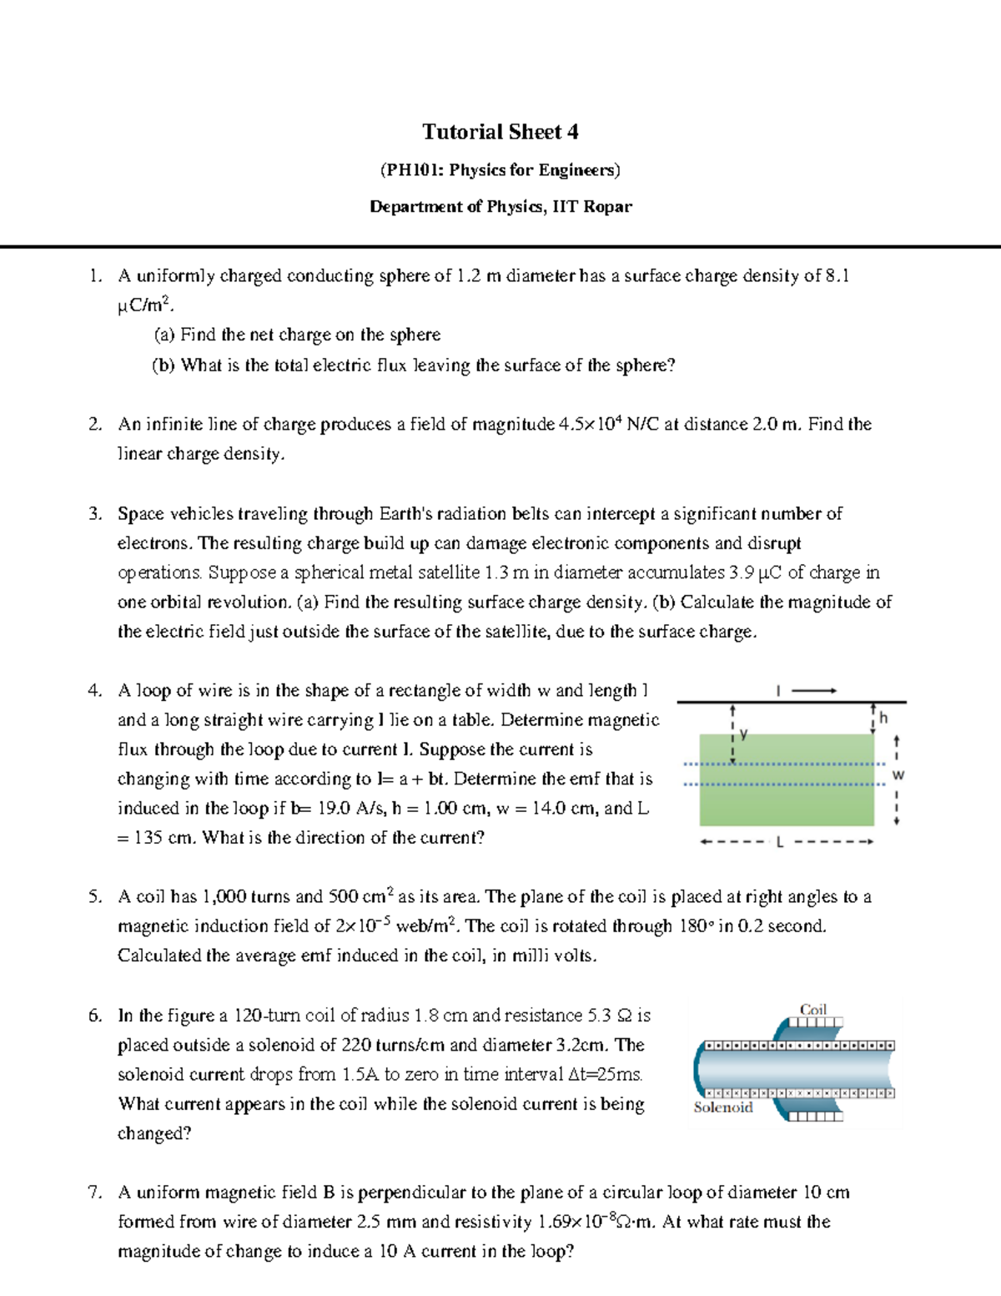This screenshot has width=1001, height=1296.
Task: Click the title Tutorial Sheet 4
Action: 500,132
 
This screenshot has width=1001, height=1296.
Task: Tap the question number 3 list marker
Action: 94,514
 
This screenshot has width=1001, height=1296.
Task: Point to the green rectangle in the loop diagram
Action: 786,780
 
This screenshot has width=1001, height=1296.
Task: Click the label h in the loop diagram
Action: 883,719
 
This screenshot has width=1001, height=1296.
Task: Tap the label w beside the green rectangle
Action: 898,775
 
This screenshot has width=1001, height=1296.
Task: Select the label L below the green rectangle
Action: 780,842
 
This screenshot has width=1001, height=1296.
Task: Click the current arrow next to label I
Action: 813,690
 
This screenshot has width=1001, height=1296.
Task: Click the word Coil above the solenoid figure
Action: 812,1010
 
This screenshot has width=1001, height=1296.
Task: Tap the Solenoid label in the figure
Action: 722,1107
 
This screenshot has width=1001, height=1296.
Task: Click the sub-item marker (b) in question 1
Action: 163,365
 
